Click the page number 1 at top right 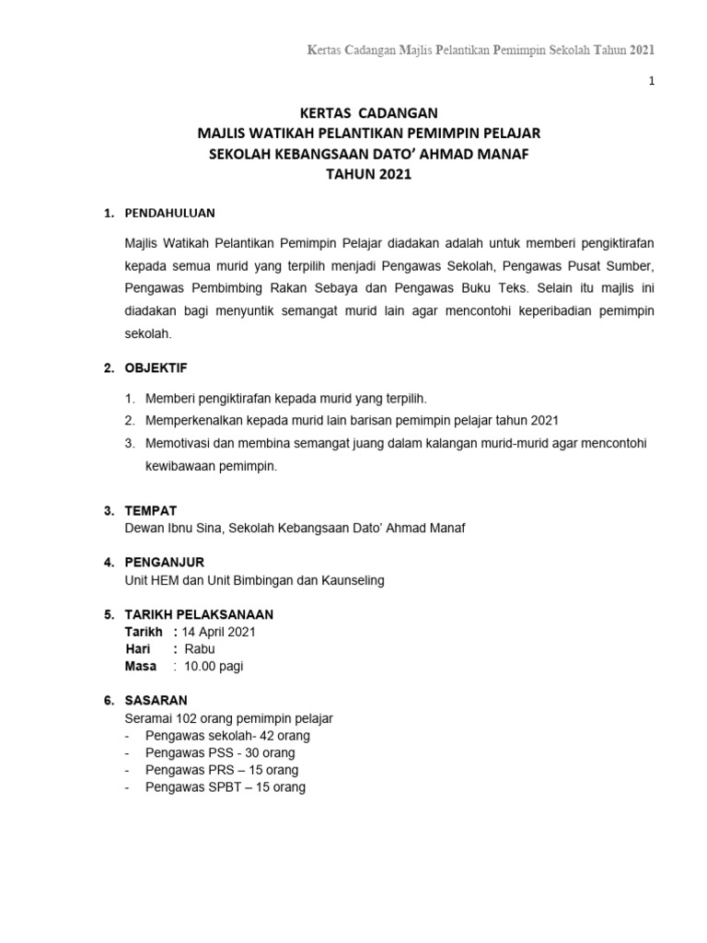point(652,82)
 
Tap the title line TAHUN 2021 point(353,173)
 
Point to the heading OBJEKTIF point(156,368)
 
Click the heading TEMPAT point(151,510)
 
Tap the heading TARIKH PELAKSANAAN point(198,614)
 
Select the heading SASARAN point(156,701)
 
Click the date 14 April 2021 point(219,632)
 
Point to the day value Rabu point(200,648)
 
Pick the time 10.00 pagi point(214,666)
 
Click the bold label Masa point(141,666)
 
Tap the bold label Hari point(138,648)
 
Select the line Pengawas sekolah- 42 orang point(227,736)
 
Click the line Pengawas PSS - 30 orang point(220,752)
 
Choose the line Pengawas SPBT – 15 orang point(226,787)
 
